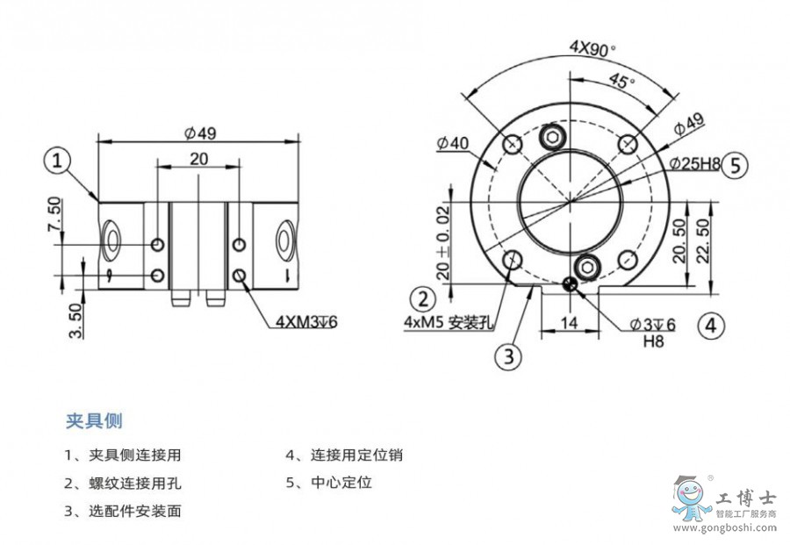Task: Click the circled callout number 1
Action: coord(57,161)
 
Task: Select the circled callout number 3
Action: coord(508,355)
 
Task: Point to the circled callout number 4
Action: coord(712,326)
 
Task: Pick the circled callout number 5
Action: coord(735,164)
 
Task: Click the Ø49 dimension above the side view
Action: coord(199,133)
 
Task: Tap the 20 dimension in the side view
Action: coord(198,159)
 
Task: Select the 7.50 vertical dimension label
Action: coord(54,215)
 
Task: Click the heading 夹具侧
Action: coord(94,420)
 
